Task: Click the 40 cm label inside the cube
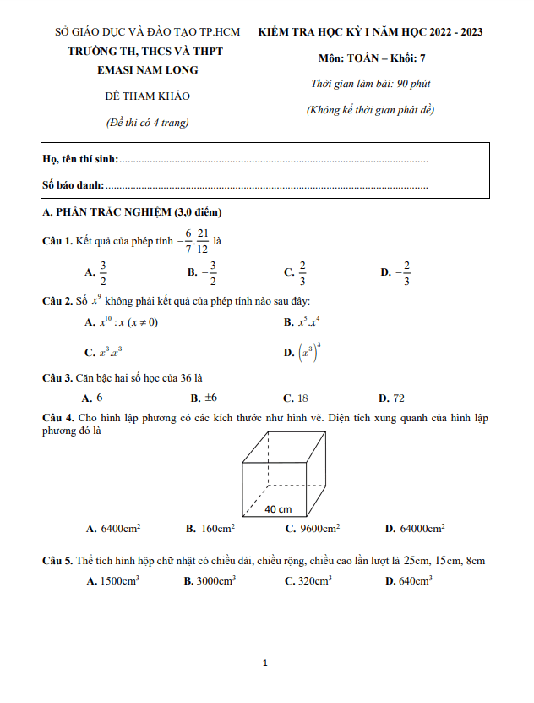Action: click(x=278, y=508)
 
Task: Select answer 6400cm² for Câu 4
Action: click(x=120, y=529)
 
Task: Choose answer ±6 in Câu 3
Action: click(x=210, y=397)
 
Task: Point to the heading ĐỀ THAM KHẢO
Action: click(x=147, y=96)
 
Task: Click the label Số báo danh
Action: click(x=74, y=184)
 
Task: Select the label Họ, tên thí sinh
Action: click(x=80, y=159)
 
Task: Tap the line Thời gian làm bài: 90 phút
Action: click(x=370, y=85)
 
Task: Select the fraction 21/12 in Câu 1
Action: click(x=203, y=240)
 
